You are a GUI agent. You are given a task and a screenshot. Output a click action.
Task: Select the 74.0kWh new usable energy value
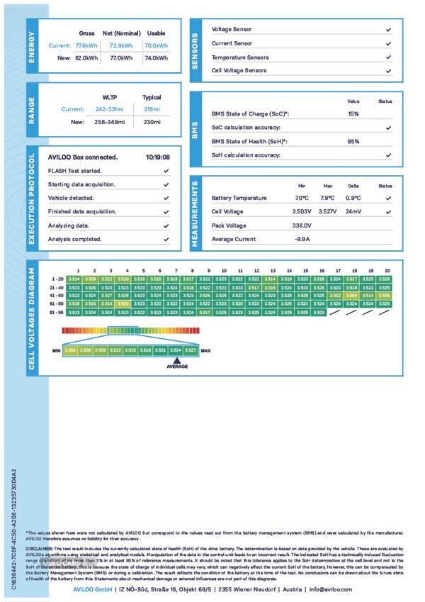156,58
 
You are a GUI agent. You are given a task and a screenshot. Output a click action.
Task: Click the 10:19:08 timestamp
157,157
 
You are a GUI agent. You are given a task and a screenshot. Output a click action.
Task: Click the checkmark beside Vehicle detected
166,198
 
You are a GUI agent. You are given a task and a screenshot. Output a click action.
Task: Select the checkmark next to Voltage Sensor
388,30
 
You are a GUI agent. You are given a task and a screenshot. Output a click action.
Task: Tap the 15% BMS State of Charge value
353,113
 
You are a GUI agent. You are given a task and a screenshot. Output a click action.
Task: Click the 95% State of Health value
353,141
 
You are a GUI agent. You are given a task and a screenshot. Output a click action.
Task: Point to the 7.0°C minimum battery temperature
302,198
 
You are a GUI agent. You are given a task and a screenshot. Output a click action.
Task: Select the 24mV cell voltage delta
353,211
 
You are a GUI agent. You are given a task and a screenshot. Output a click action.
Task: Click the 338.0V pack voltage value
302,225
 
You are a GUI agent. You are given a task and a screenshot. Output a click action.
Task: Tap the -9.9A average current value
302,240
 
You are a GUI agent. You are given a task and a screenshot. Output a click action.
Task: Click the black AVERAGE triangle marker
177,359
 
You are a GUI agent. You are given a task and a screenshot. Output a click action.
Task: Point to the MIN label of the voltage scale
56,350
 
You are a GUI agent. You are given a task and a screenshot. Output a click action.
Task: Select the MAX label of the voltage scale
206,350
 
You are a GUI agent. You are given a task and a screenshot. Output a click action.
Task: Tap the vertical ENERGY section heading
32,48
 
